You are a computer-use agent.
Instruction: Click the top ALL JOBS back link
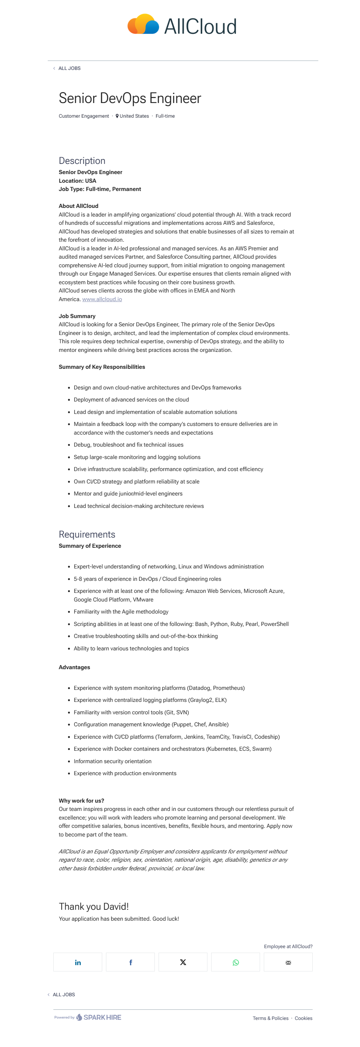[x=69, y=68]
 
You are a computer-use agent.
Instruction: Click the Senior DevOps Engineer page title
[x=130, y=98]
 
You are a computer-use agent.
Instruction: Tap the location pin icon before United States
[x=117, y=116]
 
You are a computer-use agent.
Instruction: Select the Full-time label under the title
[x=165, y=116]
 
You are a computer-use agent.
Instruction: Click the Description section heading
[x=82, y=161]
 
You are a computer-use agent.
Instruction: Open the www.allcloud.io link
[x=102, y=299]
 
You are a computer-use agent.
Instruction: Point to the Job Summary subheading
[x=77, y=316]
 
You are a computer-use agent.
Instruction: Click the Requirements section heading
[x=87, y=534]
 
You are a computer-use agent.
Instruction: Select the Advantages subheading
[x=74, y=667]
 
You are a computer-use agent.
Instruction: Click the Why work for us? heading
[x=81, y=800]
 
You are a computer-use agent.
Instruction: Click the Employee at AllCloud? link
[x=288, y=946]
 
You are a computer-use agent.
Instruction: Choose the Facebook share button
[x=130, y=962]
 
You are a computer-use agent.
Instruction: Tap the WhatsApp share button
[x=236, y=962]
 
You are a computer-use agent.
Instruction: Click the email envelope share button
[x=288, y=962]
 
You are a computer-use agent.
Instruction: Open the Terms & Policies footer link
[x=270, y=1018]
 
